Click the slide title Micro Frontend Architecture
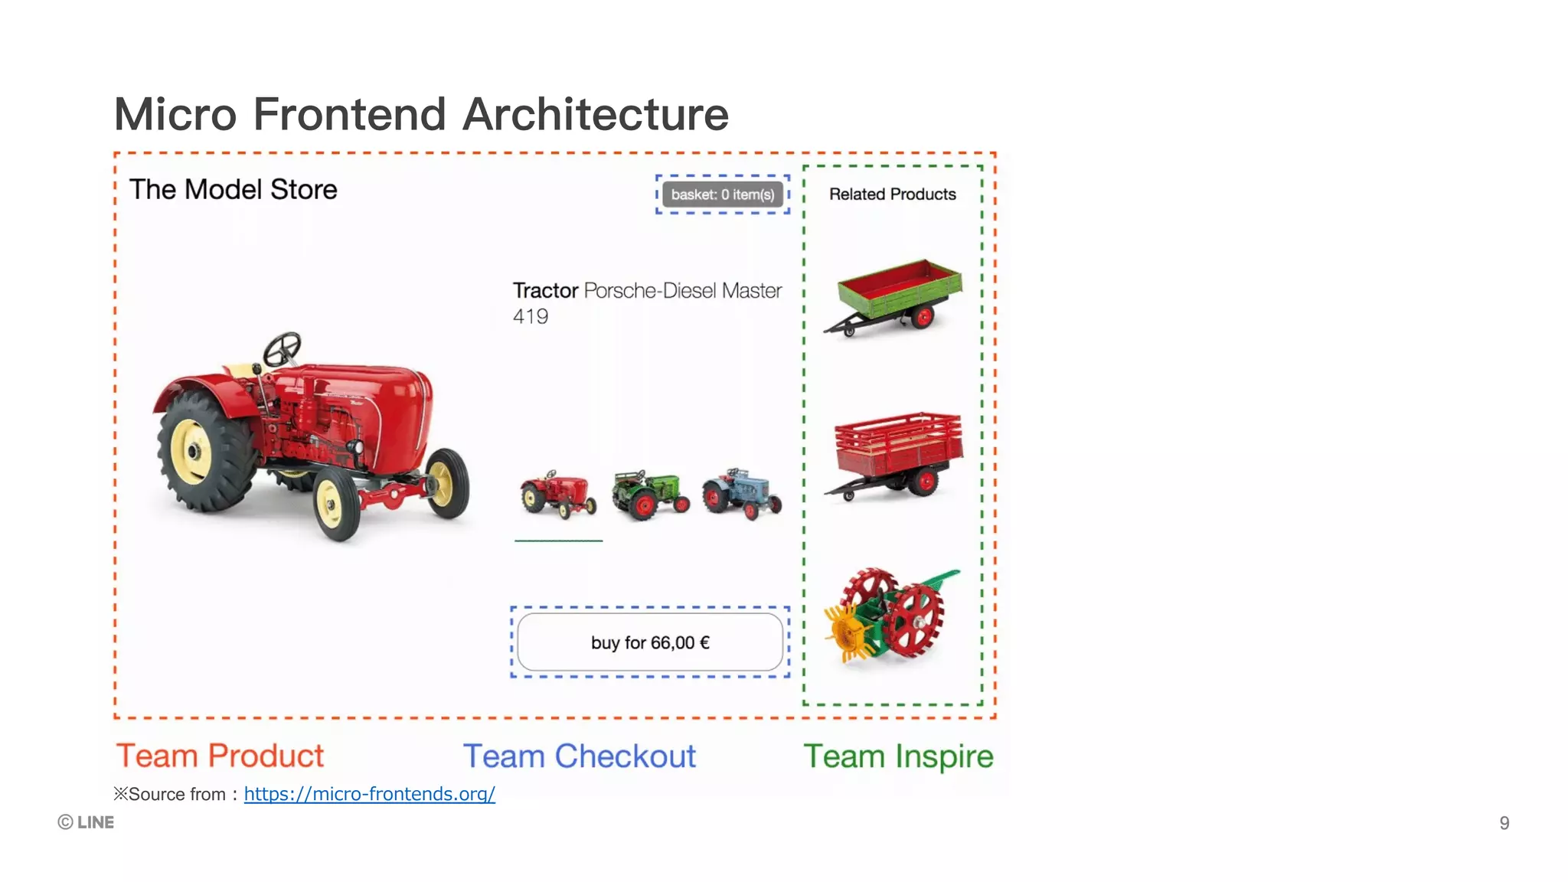pos(421,115)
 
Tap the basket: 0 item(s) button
pos(723,194)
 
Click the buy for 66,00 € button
pos(650,642)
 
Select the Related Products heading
pos(892,194)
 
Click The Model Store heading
pos(233,189)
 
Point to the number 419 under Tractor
pos(531,316)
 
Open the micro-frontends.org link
pos(369,794)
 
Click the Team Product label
pos(220,756)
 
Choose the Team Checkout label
pos(580,756)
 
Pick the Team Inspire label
pos(898,756)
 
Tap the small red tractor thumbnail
pos(558,495)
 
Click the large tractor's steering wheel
pos(282,349)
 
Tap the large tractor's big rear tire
pos(201,452)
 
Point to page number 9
pos(1504,823)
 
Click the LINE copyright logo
pos(86,822)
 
